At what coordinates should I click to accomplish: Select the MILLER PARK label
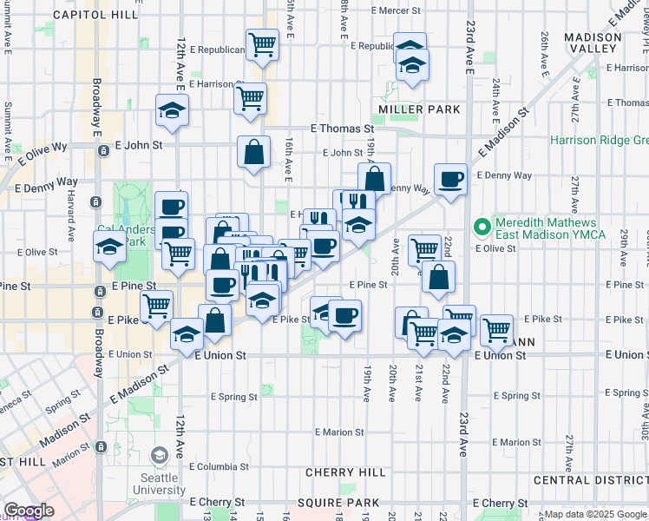[419, 109]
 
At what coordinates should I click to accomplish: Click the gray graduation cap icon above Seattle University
[160, 454]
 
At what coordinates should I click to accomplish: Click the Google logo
[29, 511]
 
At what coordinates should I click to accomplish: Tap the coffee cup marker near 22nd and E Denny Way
[450, 180]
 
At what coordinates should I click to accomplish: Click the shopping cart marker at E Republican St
[261, 43]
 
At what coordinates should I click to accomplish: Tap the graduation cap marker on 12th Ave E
[173, 110]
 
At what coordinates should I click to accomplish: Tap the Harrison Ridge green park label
[599, 140]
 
